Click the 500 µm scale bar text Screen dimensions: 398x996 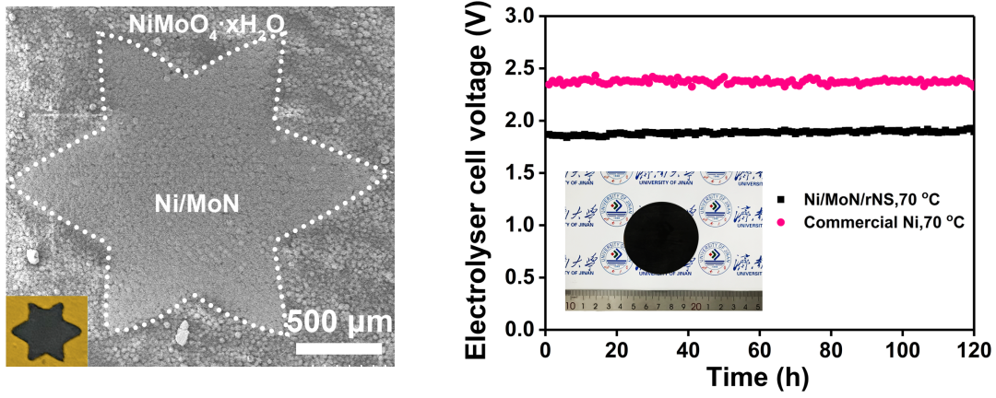point(338,323)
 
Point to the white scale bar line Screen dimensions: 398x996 point(338,348)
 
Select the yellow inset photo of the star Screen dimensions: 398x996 point(46,331)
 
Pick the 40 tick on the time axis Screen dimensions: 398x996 point(688,349)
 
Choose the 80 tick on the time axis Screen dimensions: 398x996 point(831,349)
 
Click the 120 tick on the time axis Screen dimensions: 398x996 point(972,349)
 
